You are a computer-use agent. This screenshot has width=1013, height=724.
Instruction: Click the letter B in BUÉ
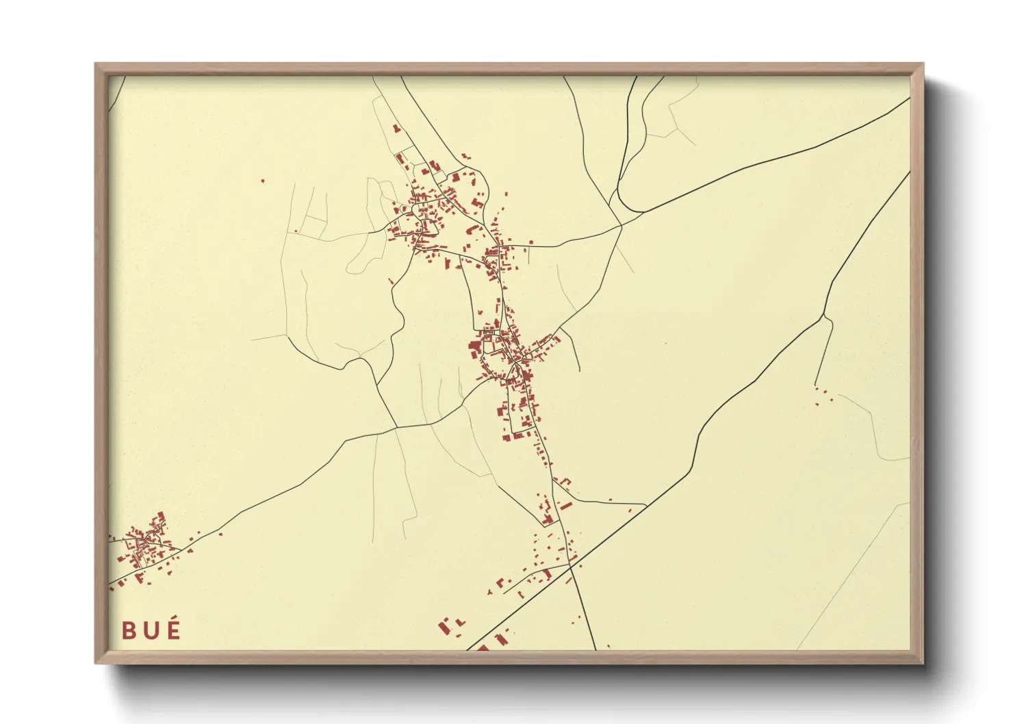(129, 630)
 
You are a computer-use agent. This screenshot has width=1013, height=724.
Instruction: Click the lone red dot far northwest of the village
(262, 181)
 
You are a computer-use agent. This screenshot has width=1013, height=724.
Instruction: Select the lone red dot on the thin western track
(296, 231)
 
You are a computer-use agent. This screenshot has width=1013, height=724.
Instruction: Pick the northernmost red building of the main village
(395, 127)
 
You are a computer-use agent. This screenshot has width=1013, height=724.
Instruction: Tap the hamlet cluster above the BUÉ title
(144, 544)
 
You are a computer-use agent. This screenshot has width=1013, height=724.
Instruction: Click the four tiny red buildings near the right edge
(821, 396)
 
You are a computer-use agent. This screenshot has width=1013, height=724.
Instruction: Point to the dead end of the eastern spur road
(815, 385)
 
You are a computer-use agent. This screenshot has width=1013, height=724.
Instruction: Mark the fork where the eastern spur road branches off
(822, 317)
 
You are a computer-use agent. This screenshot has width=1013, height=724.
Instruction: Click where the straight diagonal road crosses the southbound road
(570, 565)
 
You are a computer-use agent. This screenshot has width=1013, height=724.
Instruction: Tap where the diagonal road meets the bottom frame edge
(468, 649)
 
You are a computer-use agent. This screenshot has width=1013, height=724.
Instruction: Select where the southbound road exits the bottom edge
(595, 649)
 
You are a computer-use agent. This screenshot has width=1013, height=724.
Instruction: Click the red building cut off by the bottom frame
(483, 647)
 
